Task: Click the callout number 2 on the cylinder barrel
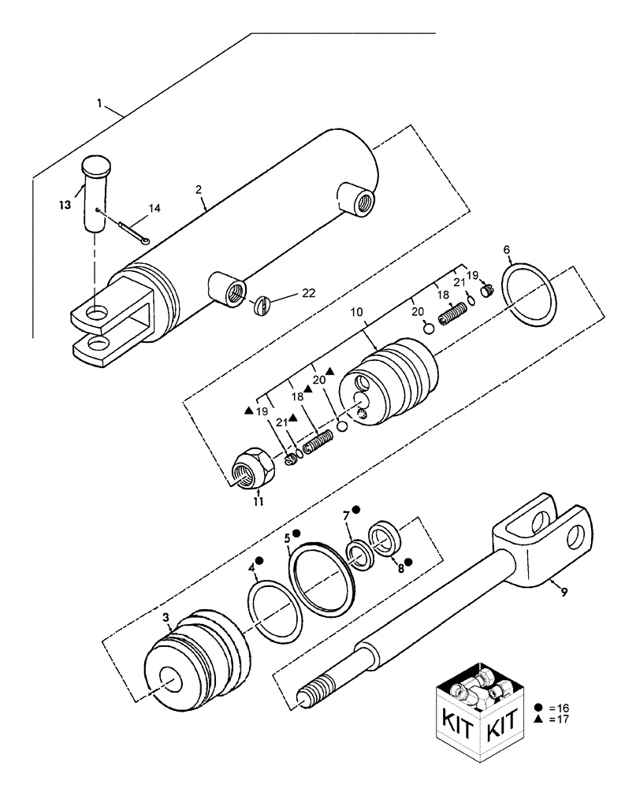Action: (x=199, y=190)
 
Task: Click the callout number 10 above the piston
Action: (x=356, y=313)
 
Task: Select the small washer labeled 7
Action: (x=363, y=553)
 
